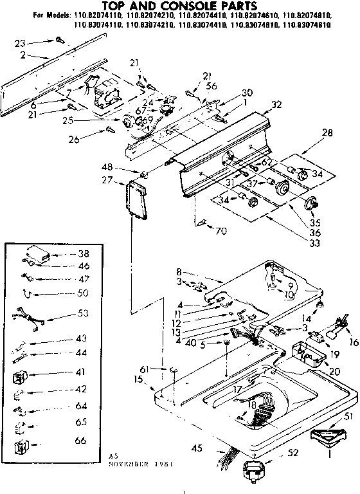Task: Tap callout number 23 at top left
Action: pos(21,43)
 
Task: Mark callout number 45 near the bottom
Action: pos(197,448)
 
